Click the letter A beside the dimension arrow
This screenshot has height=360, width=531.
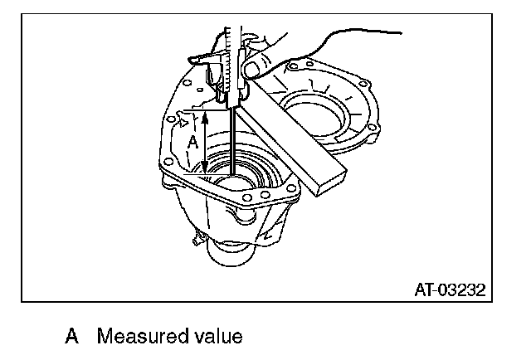[192, 143]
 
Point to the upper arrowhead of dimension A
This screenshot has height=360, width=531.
[204, 117]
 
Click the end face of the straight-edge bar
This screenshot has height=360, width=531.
[329, 185]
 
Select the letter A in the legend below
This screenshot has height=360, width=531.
[72, 338]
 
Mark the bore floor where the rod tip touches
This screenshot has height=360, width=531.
[235, 176]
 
